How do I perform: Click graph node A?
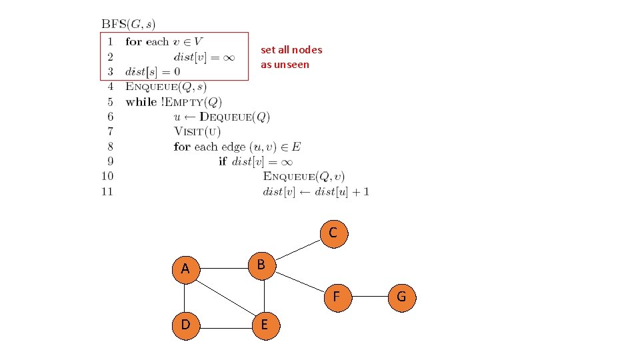pyautogui.click(x=185, y=269)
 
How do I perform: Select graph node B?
pyautogui.click(x=261, y=265)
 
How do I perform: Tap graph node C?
pyautogui.click(x=333, y=233)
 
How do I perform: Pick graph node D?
pyautogui.click(x=185, y=325)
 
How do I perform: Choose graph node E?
pyautogui.click(x=265, y=325)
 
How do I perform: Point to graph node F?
pyautogui.click(x=336, y=296)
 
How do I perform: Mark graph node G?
pyautogui.click(x=401, y=296)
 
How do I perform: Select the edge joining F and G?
pyautogui.click(x=369, y=296)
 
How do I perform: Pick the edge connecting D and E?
pyautogui.click(x=225, y=327)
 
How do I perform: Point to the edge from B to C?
pyautogui.click(x=297, y=249)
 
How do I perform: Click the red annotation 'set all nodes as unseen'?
pyautogui.click(x=291, y=57)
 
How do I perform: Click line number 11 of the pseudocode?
pyautogui.click(x=107, y=192)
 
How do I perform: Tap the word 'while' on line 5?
pyautogui.click(x=141, y=101)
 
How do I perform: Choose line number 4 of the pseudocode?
pyautogui.click(x=110, y=86)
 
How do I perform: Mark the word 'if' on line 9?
pyautogui.click(x=223, y=161)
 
